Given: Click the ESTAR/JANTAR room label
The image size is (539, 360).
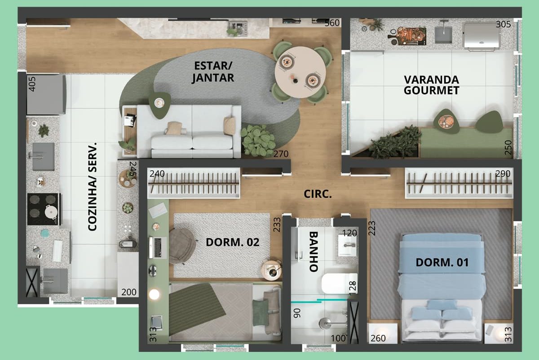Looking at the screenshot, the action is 213,72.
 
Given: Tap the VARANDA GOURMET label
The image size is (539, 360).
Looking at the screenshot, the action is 432,85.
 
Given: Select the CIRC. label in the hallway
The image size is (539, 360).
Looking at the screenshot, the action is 318,194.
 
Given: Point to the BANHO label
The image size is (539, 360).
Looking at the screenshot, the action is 314,252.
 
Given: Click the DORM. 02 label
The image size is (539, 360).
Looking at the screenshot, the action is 233,242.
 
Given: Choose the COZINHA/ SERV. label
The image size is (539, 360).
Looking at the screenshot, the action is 93,187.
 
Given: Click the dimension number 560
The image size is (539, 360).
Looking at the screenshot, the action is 332,23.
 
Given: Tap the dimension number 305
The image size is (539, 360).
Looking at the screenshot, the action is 503,24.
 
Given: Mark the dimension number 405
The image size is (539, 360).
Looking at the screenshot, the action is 32,84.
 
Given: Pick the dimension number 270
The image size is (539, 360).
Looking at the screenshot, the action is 281,154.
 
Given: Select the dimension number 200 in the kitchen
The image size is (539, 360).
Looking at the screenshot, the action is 129,292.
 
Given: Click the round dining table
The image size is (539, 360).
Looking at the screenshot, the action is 300,72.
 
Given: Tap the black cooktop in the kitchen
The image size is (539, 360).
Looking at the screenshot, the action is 44,209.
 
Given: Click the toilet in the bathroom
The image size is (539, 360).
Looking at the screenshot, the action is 340,284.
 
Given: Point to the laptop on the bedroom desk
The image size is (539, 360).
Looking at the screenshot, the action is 158,247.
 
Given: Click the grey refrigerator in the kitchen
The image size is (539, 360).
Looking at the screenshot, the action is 46,94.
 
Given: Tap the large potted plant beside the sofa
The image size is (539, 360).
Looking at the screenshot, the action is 258,140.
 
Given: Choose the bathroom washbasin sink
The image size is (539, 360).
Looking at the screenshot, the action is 347,245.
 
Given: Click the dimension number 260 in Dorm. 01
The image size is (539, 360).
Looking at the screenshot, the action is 378,338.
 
